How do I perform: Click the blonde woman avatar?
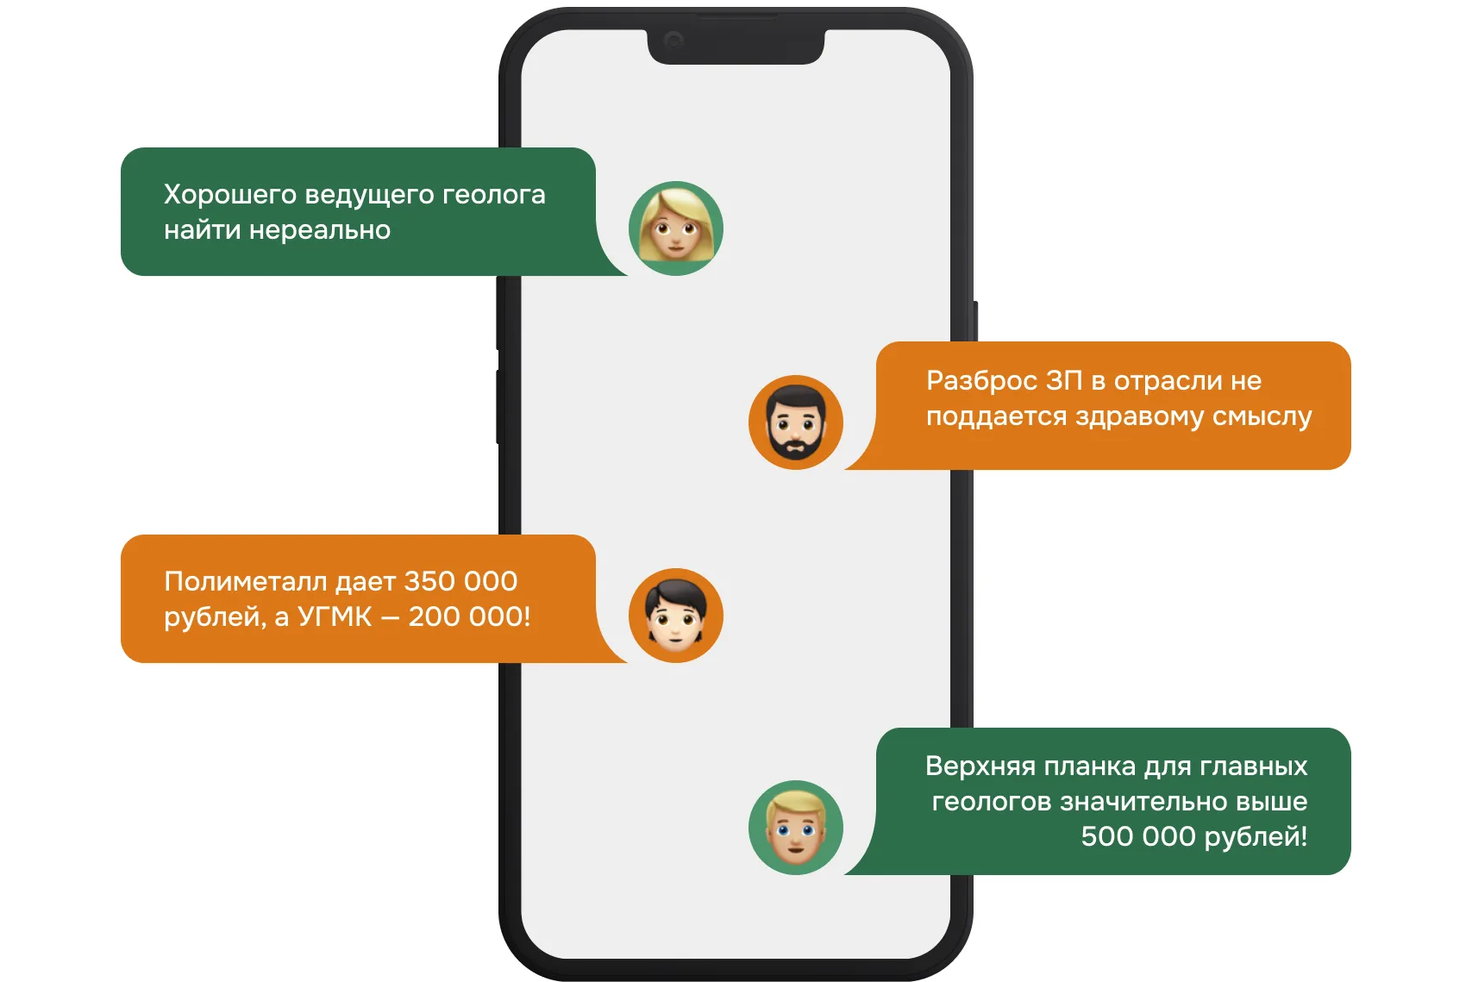click(x=676, y=228)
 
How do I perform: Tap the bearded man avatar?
click(x=795, y=422)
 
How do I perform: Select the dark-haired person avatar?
click(x=676, y=616)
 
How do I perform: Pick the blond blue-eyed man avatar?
click(x=795, y=828)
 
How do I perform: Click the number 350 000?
click(x=460, y=582)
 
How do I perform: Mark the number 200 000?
click(x=469, y=617)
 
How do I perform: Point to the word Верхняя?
click(x=980, y=766)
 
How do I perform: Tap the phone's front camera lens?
click(x=673, y=40)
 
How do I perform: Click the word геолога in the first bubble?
click(x=494, y=196)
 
